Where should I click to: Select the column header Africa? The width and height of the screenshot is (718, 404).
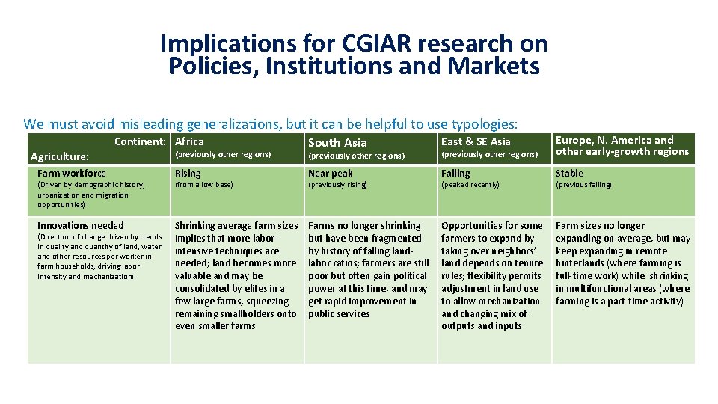click(189, 141)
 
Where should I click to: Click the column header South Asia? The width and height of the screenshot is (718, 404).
click(337, 142)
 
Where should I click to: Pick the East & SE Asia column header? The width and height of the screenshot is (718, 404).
click(476, 141)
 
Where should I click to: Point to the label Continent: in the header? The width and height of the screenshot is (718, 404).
click(140, 141)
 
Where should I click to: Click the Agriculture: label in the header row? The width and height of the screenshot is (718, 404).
click(60, 156)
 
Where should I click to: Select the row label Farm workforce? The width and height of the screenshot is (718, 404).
click(72, 173)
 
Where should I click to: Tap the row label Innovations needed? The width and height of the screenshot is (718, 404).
click(81, 225)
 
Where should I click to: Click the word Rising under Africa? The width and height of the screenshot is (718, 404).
click(188, 173)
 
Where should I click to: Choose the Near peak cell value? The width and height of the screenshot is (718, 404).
click(331, 173)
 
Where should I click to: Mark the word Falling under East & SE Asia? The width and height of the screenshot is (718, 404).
click(455, 173)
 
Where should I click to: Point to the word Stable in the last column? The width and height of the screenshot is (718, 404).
click(569, 173)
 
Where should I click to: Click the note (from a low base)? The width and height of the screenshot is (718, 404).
click(204, 185)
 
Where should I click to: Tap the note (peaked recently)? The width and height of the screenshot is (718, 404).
click(470, 185)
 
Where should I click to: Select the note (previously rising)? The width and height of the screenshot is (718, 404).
click(338, 185)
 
